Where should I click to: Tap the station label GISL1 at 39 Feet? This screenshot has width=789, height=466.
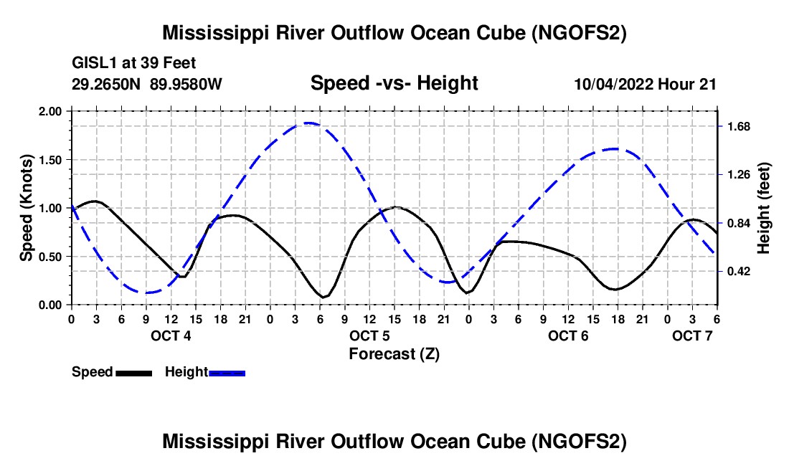click(134, 63)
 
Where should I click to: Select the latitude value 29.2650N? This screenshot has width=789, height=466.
click(107, 84)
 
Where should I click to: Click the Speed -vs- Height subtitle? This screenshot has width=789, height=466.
click(394, 83)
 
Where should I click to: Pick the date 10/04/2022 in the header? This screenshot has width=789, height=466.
click(614, 84)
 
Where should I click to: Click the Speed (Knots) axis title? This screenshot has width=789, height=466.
click(26, 208)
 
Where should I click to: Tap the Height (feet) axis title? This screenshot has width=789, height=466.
click(764, 208)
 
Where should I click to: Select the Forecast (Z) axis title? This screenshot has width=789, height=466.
click(394, 353)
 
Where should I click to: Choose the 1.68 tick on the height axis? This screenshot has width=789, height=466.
click(739, 127)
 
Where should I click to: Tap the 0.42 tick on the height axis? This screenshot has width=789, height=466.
click(739, 271)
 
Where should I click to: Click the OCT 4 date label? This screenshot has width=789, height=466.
click(171, 336)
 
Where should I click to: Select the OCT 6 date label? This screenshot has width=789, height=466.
click(568, 336)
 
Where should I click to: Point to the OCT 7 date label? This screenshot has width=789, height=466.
click(692, 336)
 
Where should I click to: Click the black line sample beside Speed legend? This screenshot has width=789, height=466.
click(133, 373)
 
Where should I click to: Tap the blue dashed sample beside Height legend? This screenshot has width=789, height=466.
click(227, 373)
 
